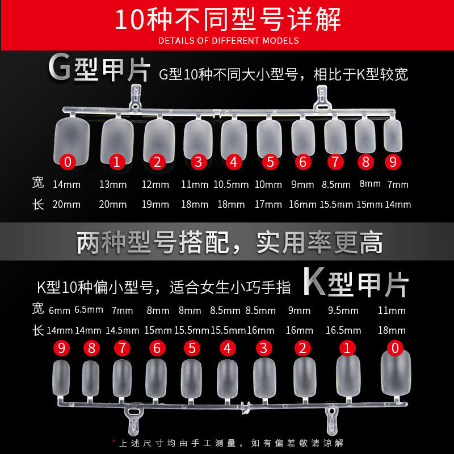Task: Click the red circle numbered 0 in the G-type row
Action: pos(68,162)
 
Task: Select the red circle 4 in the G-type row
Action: pos(234,162)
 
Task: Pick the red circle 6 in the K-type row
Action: pos(157,348)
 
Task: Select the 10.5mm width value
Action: pos(231,184)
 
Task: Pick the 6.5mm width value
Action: pos(89,310)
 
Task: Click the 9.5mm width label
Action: pos(343,310)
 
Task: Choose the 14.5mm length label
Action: pos(123,330)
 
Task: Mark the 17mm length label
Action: pos(268,204)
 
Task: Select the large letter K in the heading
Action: pos(314,281)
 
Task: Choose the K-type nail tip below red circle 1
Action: pos(348,375)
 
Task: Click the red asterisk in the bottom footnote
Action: pos(113,442)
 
